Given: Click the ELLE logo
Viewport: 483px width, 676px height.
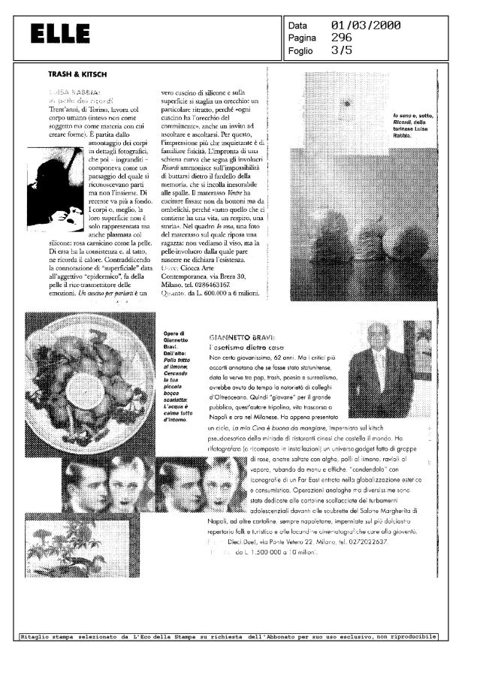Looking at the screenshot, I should point(61,34).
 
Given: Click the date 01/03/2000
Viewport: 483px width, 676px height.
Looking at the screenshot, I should point(365,26).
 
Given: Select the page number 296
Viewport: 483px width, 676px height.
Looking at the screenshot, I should point(343,38).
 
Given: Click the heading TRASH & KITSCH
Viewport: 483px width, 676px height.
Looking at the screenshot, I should point(77,75).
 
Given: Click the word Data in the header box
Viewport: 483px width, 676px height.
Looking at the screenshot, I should point(298,26).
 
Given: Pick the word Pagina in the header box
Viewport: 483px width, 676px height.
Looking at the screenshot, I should point(302,38).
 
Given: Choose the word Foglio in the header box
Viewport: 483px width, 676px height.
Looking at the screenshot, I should point(300,51).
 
